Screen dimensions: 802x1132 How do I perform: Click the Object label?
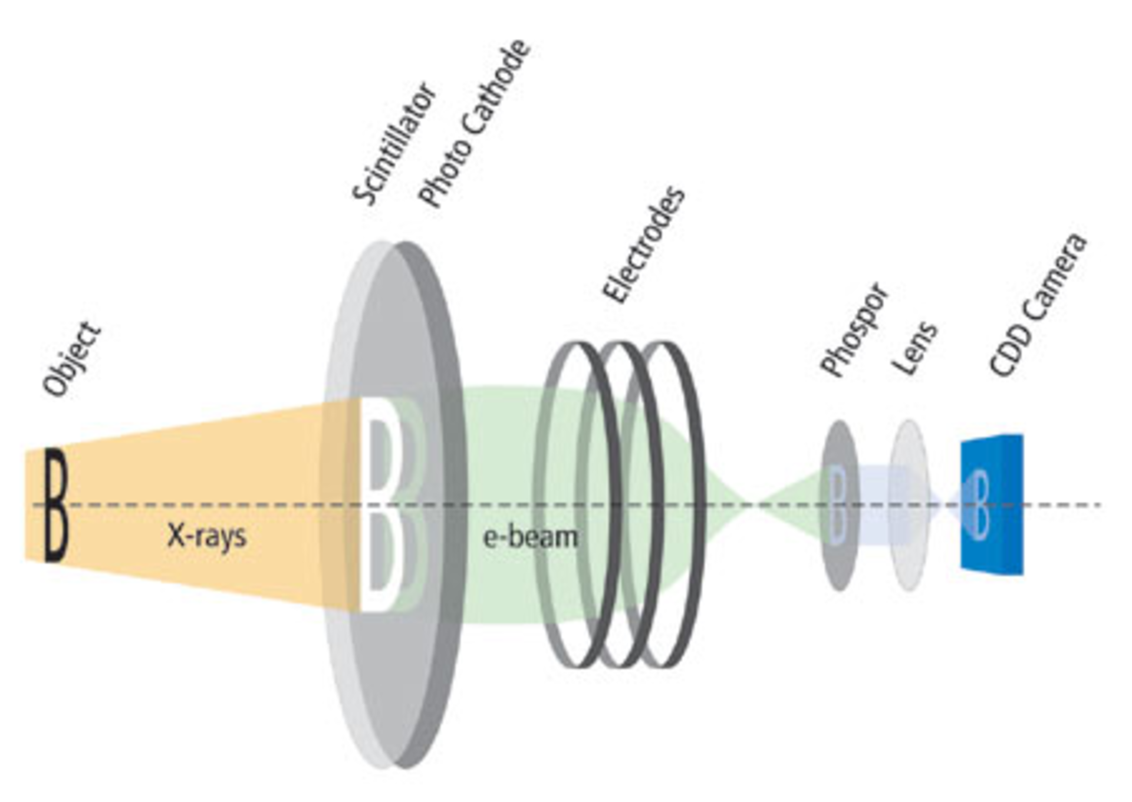[x=73, y=359]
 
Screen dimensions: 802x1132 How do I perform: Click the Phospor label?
[x=854, y=330]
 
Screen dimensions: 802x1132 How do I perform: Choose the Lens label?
[x=914, y=348]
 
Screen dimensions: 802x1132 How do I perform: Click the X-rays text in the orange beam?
[x=206, y=536]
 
